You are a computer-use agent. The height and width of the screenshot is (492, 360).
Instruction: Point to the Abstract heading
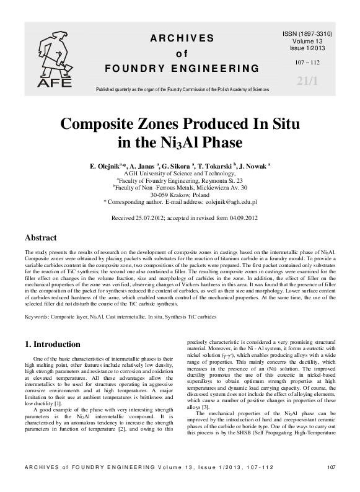click(x=40, y=238)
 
